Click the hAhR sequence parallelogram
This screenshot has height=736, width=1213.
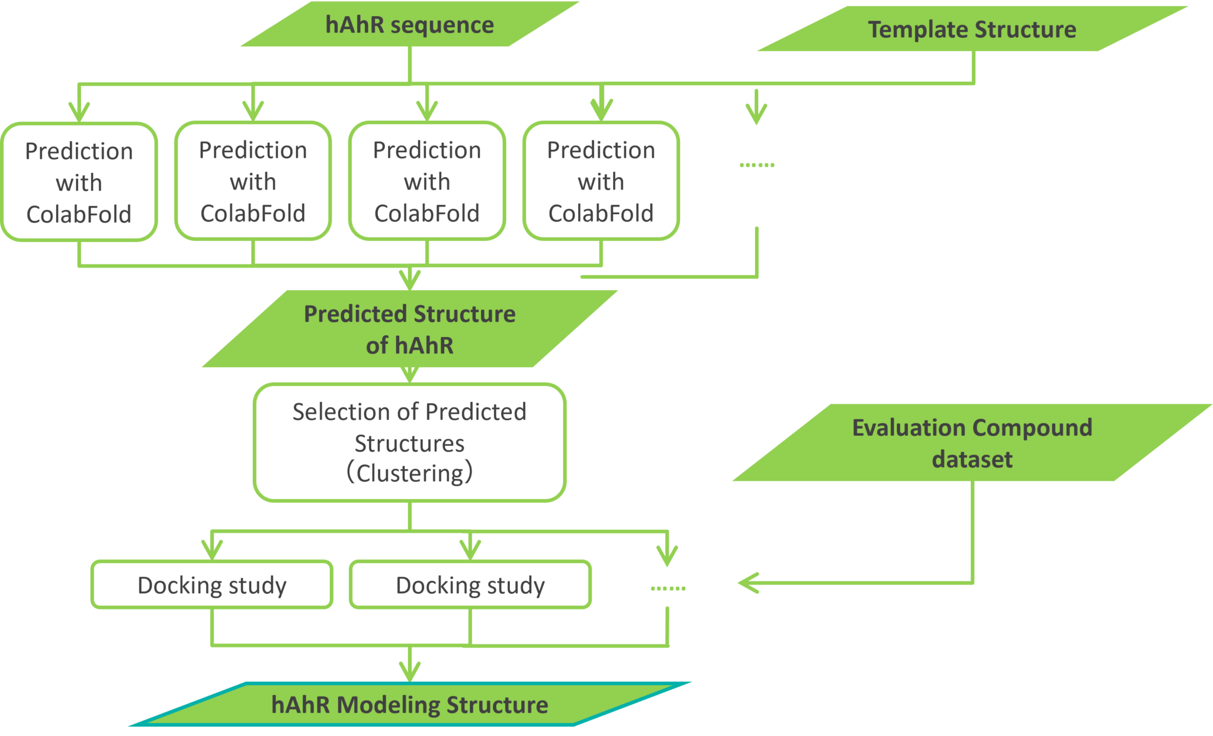click(x=409, y=25)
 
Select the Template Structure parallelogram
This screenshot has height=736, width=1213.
click(x=971, y=30)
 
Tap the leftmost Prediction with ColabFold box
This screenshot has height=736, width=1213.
click(x=79, y=182)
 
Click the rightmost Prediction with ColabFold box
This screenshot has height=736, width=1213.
click(x=601, y=181)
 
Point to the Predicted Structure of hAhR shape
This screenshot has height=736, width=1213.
click(x=409, y=329)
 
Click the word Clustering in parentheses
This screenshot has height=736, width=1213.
click(x=409, y=473)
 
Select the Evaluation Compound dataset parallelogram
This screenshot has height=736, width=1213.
click(x=971, y=443)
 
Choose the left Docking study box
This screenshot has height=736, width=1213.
click(x=211, y=585)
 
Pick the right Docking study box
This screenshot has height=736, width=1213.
click(x=470, y=585)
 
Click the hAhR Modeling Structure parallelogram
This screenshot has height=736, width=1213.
click(x=409, y=705)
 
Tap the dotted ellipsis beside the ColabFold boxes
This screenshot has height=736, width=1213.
click(x=757, y=165)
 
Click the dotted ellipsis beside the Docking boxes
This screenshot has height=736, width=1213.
click(x=668, y=588)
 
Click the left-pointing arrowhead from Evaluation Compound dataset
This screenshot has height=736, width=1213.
click(x=747, y=583)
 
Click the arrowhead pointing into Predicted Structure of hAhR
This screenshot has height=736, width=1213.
click(x=409, y=279)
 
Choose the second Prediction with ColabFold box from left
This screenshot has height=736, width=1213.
click(x=253, y=181)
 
